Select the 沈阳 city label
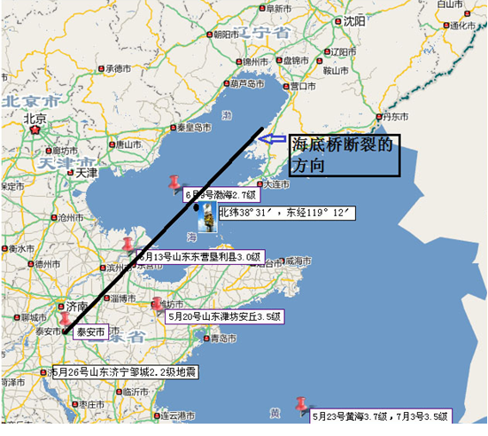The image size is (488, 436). [353, 20]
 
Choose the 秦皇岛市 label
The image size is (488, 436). [193, 127]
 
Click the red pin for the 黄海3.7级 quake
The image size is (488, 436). [303, 403]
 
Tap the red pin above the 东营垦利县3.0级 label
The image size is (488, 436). [129, 243]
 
